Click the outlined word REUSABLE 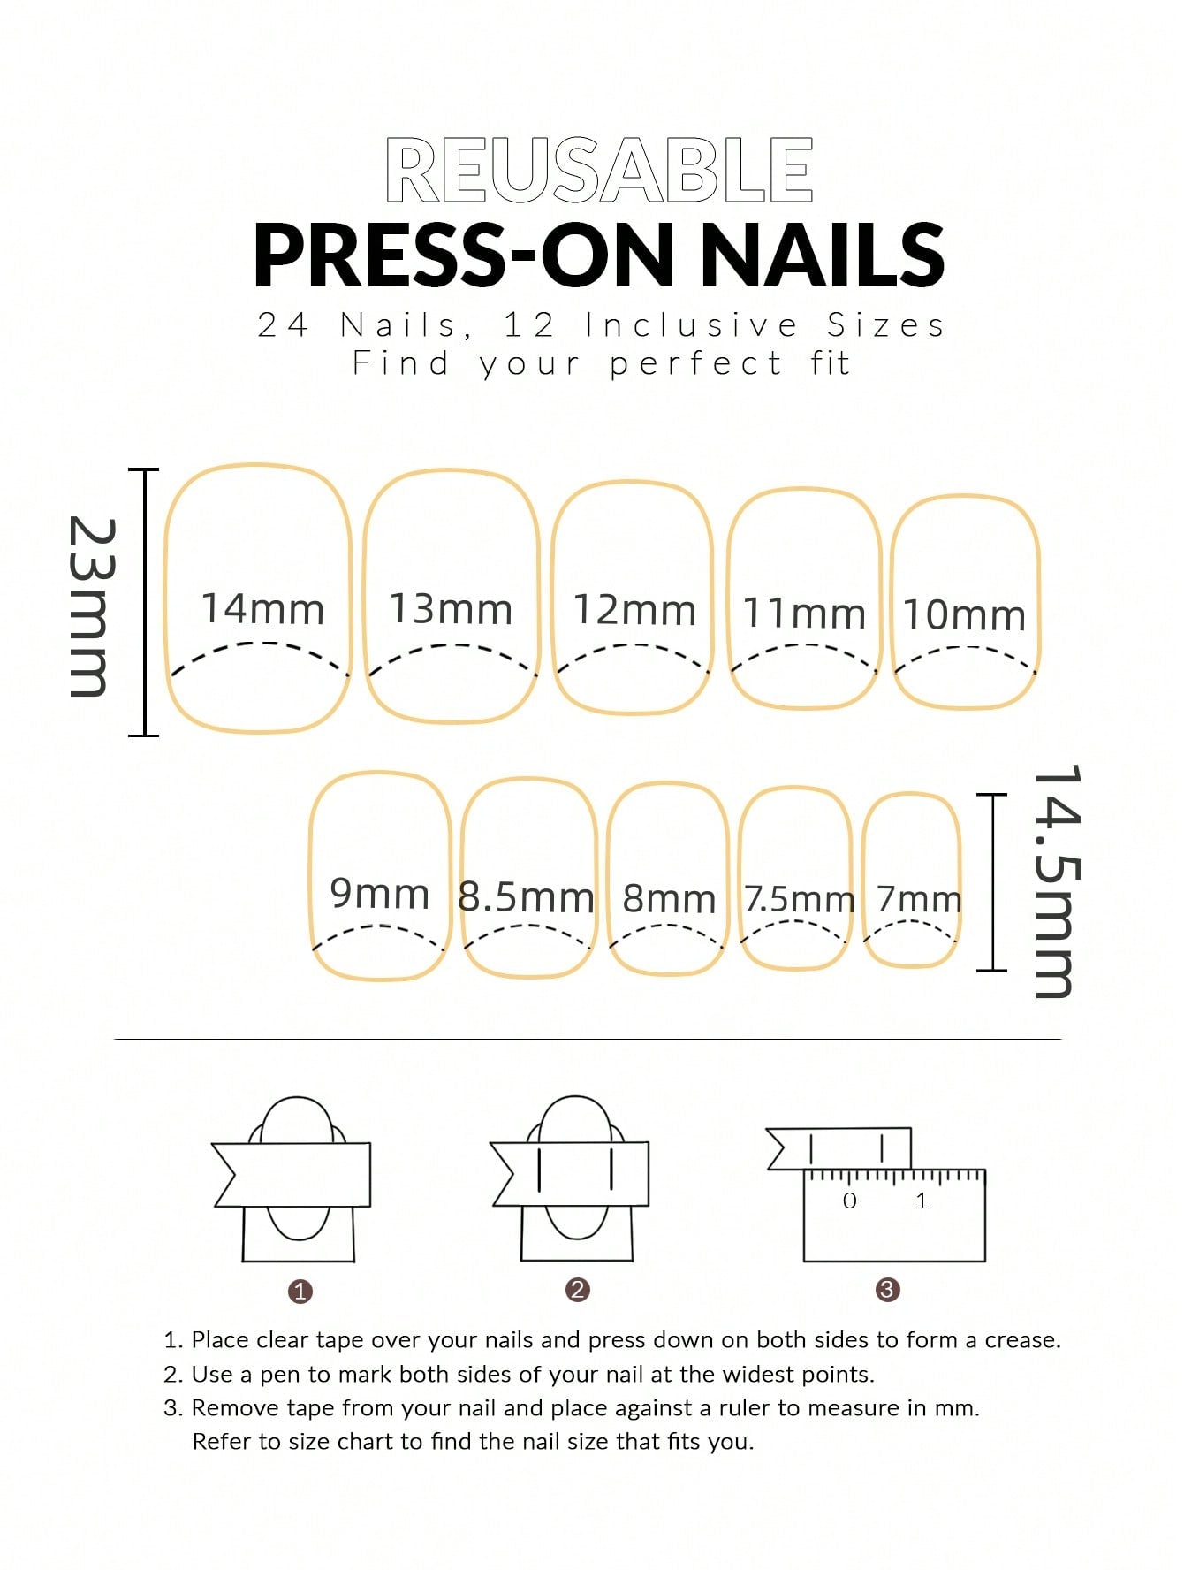599,170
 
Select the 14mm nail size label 262,608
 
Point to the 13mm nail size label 451,609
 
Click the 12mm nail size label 634,610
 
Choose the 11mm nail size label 804,614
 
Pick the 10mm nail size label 964,615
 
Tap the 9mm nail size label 379,893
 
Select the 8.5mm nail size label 526,897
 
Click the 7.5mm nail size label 799,899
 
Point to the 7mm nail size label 919,899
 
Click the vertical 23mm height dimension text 92,606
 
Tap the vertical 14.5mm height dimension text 1056,881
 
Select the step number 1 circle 300,1292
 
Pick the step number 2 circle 578,1290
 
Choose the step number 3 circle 887,1290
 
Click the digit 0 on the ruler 849,1201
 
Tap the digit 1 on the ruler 922,1201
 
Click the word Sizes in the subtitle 885,325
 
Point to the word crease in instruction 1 1022,1340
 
